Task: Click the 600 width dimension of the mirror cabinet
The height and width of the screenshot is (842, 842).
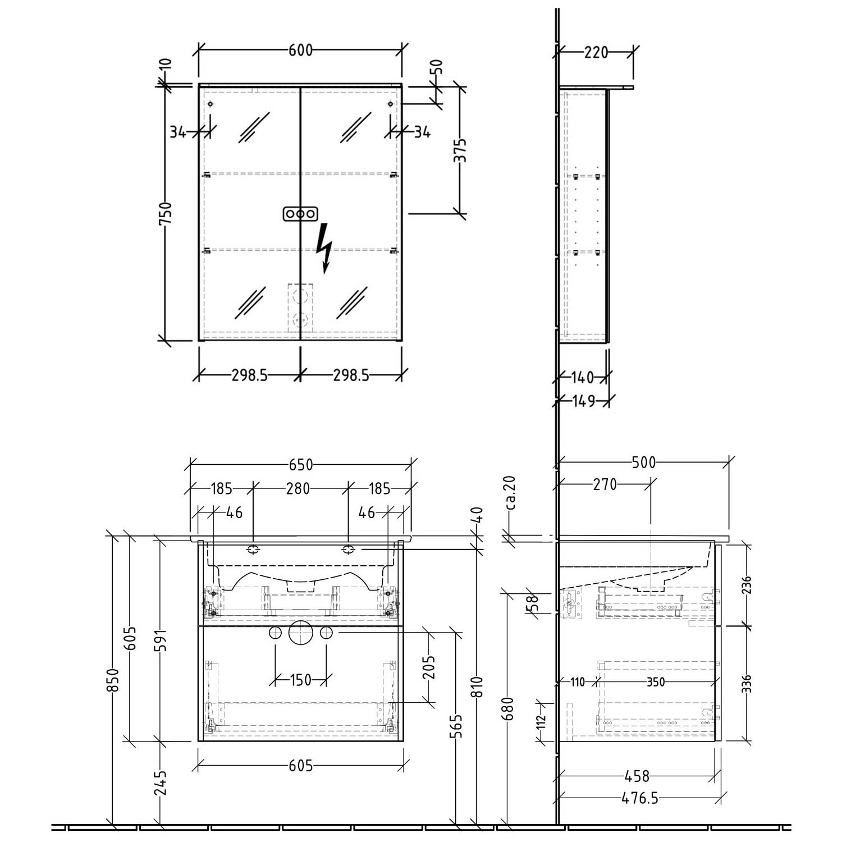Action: pos(300,51)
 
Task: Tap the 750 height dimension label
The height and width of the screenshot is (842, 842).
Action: pos(166,214)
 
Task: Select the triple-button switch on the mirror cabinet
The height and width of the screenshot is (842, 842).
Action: pos(301,214)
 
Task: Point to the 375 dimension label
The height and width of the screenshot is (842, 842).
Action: pos(460,150)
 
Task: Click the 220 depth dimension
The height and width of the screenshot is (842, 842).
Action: pos(596,52)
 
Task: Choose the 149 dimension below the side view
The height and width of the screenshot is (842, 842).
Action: pos(583,401)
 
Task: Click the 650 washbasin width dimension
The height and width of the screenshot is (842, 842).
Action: pos(301,465)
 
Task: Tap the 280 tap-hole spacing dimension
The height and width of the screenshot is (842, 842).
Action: pos(298,489)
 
